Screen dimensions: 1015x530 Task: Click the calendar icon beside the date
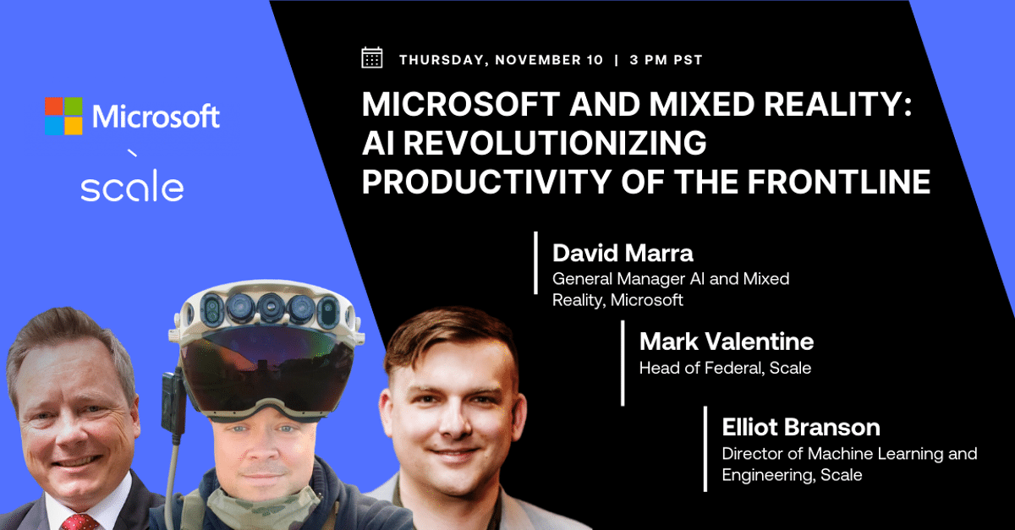coord(372,58)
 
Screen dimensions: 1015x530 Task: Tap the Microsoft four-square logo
coord(64,116)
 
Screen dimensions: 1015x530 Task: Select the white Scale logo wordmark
coord(132,185)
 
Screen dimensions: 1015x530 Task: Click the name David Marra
coord(623,253)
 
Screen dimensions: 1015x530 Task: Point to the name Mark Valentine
coord(727,341)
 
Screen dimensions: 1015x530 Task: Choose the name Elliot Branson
coord(801,427)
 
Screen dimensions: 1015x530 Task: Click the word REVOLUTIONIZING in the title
coord(555,143)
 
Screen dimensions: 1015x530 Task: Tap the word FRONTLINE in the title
coord(839,182)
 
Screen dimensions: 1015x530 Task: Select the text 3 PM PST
coord(667,60)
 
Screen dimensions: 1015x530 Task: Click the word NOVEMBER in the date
coord(549,60)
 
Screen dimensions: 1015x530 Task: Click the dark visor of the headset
coord(267,367)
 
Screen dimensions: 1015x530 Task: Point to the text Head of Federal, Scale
coord(725,368)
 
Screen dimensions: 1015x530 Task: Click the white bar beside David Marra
coord(536,263)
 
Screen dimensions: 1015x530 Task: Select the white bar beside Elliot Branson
coord(705,449)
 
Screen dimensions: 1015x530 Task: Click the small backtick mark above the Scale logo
coord(132,153)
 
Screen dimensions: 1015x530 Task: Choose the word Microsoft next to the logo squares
coord(156,116)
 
